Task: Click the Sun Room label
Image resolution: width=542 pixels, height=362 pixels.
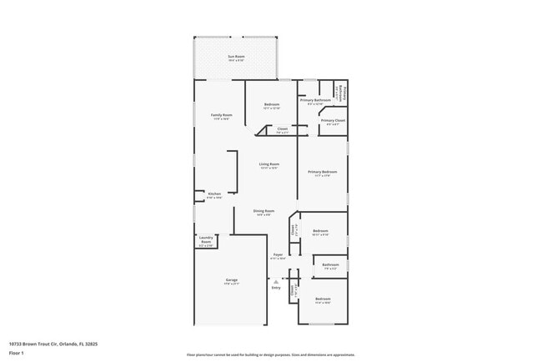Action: click(x=237, y=56)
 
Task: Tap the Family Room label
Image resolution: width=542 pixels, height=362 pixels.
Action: click(x=221, y=115)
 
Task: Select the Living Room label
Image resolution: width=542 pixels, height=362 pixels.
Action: click(x=268, y=164)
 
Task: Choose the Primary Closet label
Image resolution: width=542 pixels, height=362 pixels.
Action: click(x=333, y=121)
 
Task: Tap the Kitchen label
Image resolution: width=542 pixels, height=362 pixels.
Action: click(x=214, y=194)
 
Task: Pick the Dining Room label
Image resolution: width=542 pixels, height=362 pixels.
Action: click(x=263, y=212)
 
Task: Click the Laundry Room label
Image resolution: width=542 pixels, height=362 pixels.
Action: click(x=206, y=242)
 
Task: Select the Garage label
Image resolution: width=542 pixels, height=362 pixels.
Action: click(x=231, y=280)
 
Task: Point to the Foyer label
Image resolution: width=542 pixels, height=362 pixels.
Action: click(x=278, y=255)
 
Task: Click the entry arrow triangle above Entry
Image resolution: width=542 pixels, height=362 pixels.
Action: click(x=276, y=281)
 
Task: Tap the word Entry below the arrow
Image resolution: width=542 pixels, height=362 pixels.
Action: click(x=276, y=288)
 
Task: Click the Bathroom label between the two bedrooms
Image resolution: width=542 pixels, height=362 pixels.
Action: click(x=329, y=265)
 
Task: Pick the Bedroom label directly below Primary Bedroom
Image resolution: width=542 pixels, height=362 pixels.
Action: click(x=320, y=231)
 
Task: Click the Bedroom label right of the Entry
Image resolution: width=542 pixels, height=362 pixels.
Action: click(x=323, y=299)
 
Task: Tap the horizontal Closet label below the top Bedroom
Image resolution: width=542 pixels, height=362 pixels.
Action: click(x=282, y=128)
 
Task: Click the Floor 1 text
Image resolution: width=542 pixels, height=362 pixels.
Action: click(x=17, y=353)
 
